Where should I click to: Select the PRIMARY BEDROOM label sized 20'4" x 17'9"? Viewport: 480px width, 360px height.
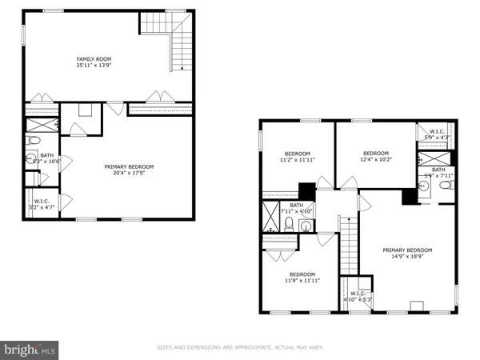point(129,166)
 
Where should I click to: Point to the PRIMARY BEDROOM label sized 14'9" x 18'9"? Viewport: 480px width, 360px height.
point(413,250)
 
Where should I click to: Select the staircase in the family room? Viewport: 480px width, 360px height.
point(181,50)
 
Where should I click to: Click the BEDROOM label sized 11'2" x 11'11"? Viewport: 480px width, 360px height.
point(298,154)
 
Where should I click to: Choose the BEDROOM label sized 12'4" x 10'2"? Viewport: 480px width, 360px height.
point(375,154)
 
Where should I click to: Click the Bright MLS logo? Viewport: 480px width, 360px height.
point(30,349)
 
